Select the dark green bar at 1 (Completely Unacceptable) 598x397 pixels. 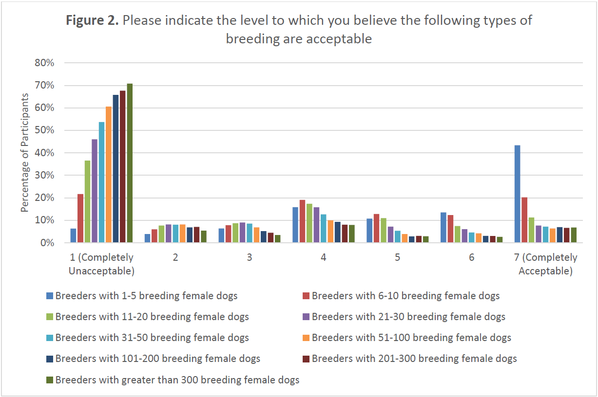tap(130, 163)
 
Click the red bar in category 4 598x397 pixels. tap(302, 221)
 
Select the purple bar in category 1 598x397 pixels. tap(95, 191)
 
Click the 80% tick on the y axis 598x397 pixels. tap(43, 63)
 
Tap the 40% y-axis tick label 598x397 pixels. tap(43, 153)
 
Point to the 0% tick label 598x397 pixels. tap(46, 243)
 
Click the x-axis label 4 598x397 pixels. tap(323, 257)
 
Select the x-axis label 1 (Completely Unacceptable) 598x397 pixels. tap(101, 264)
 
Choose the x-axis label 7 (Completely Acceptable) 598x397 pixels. tap(545, 264)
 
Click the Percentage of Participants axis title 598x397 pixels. tap(25, 153)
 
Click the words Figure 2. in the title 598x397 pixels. tap(92, 20)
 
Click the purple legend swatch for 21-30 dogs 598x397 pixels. tap(306, 317)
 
